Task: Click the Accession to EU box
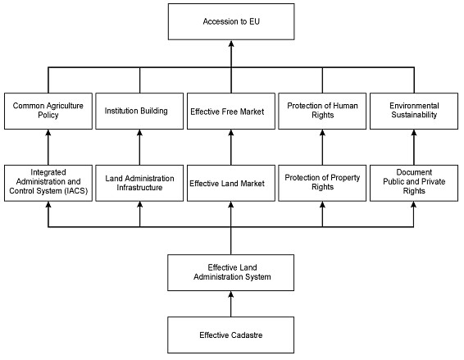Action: (x=231, y=21)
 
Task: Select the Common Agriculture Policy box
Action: (x=48, y=111)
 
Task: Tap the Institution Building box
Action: (x=139, y=111)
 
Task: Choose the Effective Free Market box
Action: (x=231, y=111)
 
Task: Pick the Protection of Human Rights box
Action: (x=322, y=111)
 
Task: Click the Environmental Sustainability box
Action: (x=414, y=111)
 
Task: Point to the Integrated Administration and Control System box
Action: (x=48, y=183)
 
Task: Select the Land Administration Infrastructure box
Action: (x=139, y=183)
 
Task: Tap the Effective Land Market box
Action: (x=231, y=183)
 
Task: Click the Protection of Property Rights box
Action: (x=322, y=183)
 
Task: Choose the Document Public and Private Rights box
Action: (x=414, y=183)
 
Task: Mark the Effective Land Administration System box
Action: (x=231, y=272)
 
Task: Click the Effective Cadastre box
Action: (x=231, y=335)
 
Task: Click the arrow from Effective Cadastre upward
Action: (x=231, y=303)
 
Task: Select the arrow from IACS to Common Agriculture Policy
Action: (x=48, y=147)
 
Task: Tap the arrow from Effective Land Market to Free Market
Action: (x=231, y=147)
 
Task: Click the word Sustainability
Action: (x=414, y=115)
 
